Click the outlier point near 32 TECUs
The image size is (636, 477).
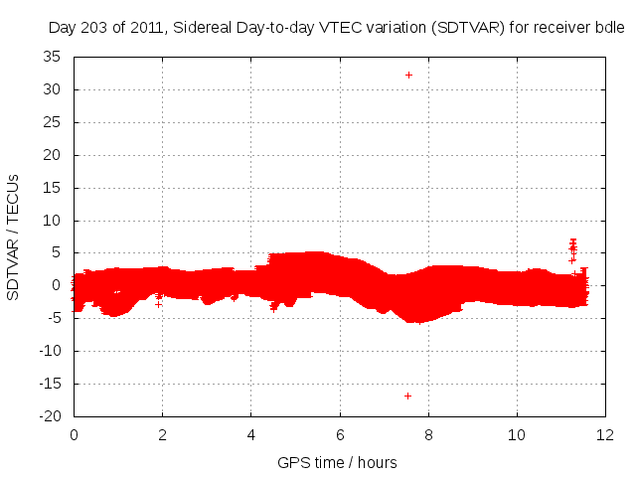[408, 75]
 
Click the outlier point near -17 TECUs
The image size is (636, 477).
[408, 396]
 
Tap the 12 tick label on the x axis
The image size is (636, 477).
[605, 434]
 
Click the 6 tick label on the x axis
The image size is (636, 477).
[340, 434]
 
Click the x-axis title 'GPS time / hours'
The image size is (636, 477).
[338, 462]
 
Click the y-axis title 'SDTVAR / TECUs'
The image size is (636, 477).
[14, 238]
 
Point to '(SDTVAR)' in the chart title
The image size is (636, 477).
[467, 28]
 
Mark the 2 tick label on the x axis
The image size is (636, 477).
[162, 434]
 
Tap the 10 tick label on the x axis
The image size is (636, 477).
[517, 434]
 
